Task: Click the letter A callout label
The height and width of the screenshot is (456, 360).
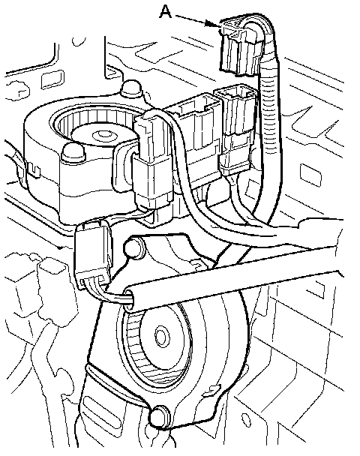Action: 166,12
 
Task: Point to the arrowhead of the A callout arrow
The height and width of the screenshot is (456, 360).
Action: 214,24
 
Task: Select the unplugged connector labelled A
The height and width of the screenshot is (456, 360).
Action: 240,46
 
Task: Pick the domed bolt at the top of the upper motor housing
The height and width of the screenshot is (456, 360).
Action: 131,88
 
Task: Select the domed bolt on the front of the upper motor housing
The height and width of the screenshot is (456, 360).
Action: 73,151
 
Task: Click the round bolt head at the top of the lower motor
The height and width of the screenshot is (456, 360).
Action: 134,247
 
